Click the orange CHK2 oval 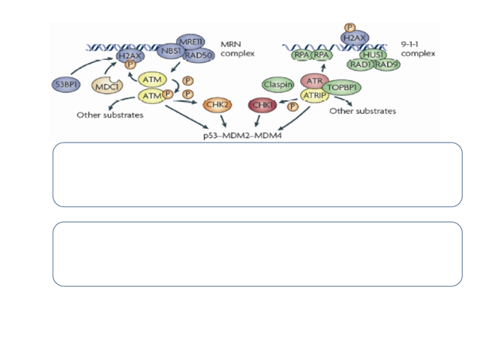pos(219,104)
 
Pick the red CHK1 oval pos(263,106)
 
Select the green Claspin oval pos(278,85)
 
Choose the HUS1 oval pos(372,55)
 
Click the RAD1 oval pos(363,65)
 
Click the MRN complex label pos(238,49)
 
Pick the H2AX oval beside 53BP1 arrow pos(130,55)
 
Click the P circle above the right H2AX pos(349,28)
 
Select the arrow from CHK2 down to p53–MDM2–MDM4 pos(223,119)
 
